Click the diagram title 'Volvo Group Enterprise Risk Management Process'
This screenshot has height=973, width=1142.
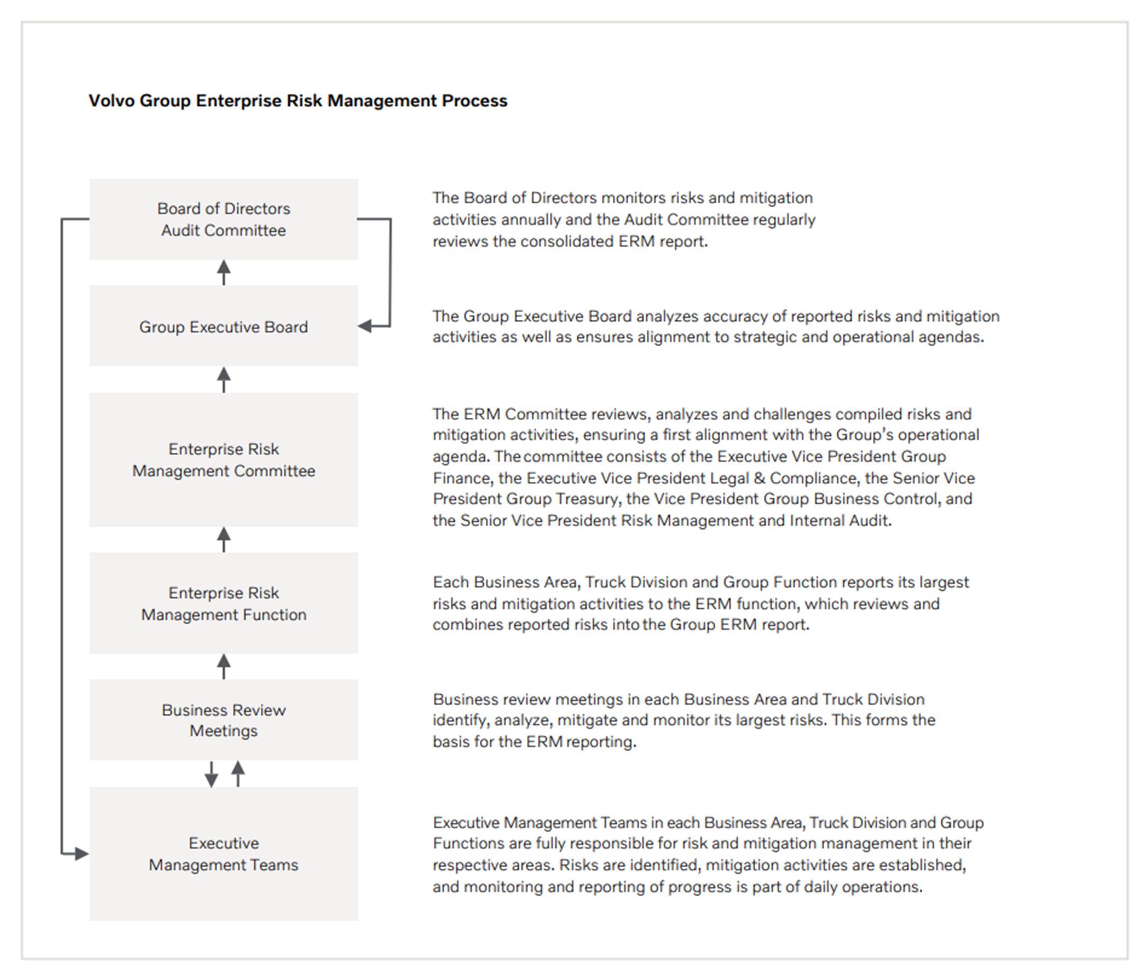coord(298,101)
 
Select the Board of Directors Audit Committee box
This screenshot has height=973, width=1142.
coord(223,219)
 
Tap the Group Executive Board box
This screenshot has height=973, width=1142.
coord(223,326)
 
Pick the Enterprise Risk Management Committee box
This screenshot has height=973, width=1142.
coord(223,460)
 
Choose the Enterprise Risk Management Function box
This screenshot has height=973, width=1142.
coord(223,603)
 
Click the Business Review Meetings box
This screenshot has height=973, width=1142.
coord(223,719)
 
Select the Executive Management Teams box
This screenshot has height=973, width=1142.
coord(223,853)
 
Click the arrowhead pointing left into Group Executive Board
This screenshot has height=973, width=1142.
coord(365,326)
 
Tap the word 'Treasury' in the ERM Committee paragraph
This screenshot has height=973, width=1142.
coord(586,499)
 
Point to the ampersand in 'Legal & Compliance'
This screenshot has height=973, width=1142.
coord(759,478)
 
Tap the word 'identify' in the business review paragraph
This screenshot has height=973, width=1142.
coord(460,720)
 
